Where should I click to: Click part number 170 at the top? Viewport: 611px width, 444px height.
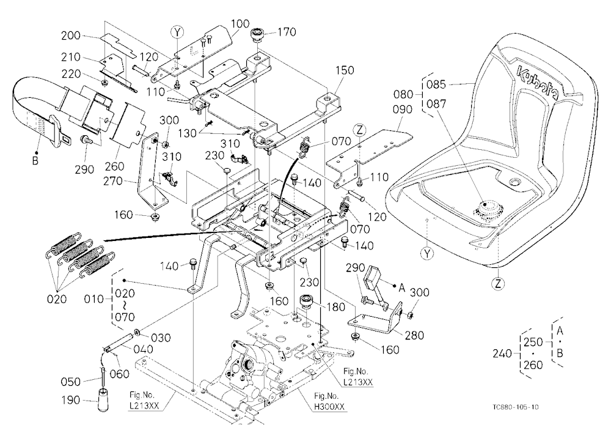(x=287, y=32)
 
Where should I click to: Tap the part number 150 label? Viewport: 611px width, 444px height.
(x=345, y=70)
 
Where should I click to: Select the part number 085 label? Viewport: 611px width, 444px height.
(x=436, y=84)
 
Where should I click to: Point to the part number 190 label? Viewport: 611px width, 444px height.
(x=71, y=400)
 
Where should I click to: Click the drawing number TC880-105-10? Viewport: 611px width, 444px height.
(x=516, y=407)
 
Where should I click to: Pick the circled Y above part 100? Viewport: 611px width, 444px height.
(x=177, y=32)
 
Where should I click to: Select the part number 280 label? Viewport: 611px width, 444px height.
(x=414, y=335)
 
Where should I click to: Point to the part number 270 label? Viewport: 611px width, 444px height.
(x=113, y=181)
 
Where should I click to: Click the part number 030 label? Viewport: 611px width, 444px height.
(x=161, y=338)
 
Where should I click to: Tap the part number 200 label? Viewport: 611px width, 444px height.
(x=70, y=35)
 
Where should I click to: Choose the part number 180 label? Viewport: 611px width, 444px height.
(x=335, y=307)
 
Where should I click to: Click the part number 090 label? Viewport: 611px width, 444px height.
(x=402, y=109)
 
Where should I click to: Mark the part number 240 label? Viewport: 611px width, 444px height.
(x=502, y=354)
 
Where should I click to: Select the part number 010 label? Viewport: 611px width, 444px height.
(x=93, y=299)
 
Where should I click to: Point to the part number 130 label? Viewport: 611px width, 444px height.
(x=187, y=133)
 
